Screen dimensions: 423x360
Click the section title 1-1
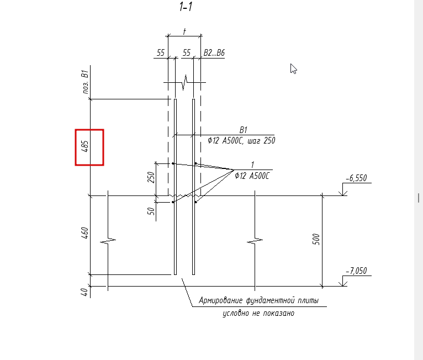(x=186, y=7)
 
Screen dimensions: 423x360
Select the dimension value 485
(x=84, y=146)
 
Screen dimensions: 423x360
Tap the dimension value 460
(x=84, y=233)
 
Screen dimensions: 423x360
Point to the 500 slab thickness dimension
(x=316, y=240)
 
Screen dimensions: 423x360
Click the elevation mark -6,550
(x=356, y=178)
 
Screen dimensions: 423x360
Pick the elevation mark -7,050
(x=356, y=271)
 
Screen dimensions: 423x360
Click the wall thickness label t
(x=184, y=31)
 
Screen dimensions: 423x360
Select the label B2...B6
(x=214, y=52)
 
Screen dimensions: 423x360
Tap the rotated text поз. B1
(x=85, y=82)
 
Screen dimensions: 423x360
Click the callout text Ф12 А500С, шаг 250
(x=241, y=140)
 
